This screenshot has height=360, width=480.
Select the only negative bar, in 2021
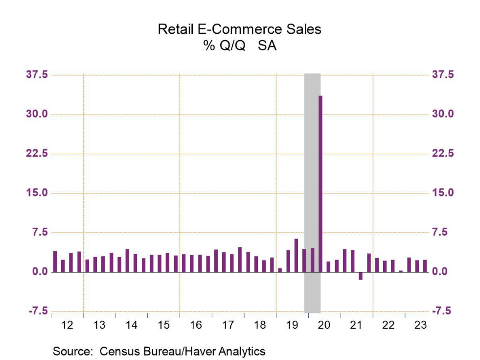pyautogui.click(x=361, y=276)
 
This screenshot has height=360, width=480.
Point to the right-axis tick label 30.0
pyautogui.click(x=443, y=114)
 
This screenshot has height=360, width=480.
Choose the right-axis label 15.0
pyautogui.click(x=443, y=192)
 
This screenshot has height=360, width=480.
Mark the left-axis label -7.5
pyautogui.click(x=38, y=311)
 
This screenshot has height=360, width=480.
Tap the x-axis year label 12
pyautogui.click(x=68, y=325)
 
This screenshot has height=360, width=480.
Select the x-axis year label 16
pyautogui.click(x=196, y=325)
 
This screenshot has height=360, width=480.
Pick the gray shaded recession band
pyautogui.click(x=312, y=147)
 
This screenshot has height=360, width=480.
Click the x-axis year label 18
pyautogui.click(x=260, y=325)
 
